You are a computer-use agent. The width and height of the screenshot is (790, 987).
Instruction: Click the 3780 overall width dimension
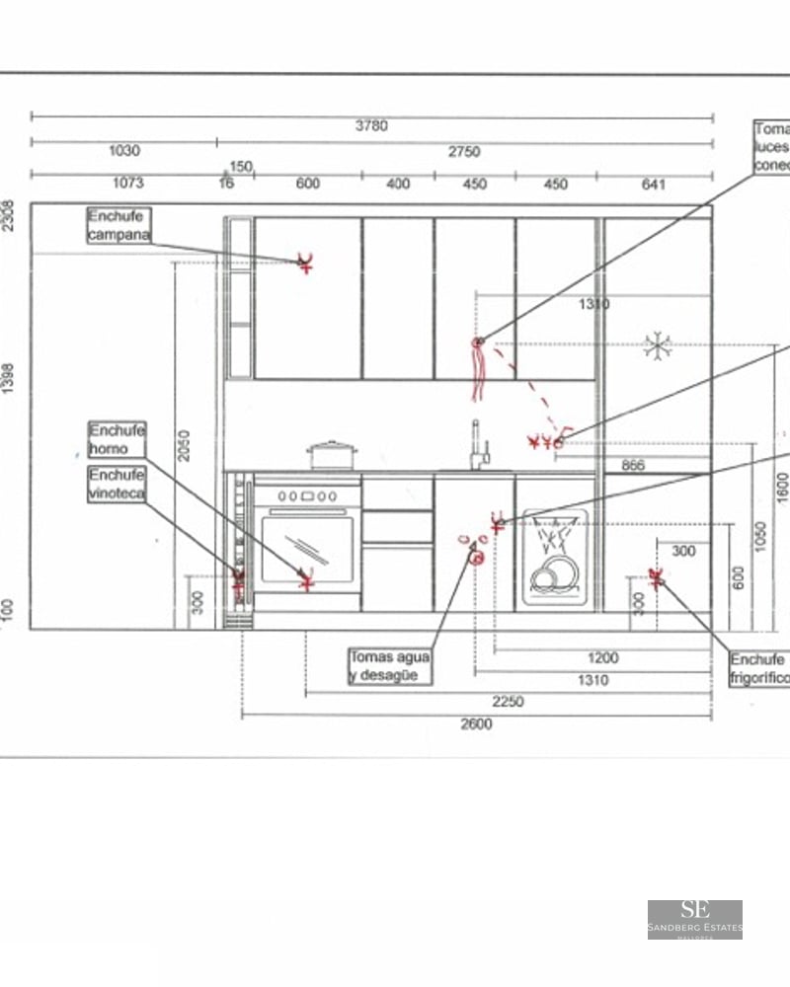(371, 125)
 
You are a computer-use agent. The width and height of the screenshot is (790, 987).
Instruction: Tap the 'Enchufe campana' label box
(118, 225)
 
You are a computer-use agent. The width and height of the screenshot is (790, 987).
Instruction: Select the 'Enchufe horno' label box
(118, 439)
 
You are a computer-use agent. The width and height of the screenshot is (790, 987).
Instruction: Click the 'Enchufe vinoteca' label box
(118, 485)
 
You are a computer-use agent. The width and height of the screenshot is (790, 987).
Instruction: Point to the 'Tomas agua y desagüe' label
(389, 666)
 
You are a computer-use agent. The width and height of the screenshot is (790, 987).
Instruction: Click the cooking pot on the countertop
(332, 455)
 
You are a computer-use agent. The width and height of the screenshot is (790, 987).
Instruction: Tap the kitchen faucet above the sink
(478, 445)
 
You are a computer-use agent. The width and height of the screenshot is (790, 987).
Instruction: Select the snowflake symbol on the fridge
(657, 344)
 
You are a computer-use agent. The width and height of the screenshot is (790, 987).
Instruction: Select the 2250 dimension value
(508, 702)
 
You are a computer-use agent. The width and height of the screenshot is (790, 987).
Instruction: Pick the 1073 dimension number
(127, 183)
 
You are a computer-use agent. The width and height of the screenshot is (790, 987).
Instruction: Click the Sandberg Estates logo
(694, 919)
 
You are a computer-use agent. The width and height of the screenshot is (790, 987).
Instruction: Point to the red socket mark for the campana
(306, 263)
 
